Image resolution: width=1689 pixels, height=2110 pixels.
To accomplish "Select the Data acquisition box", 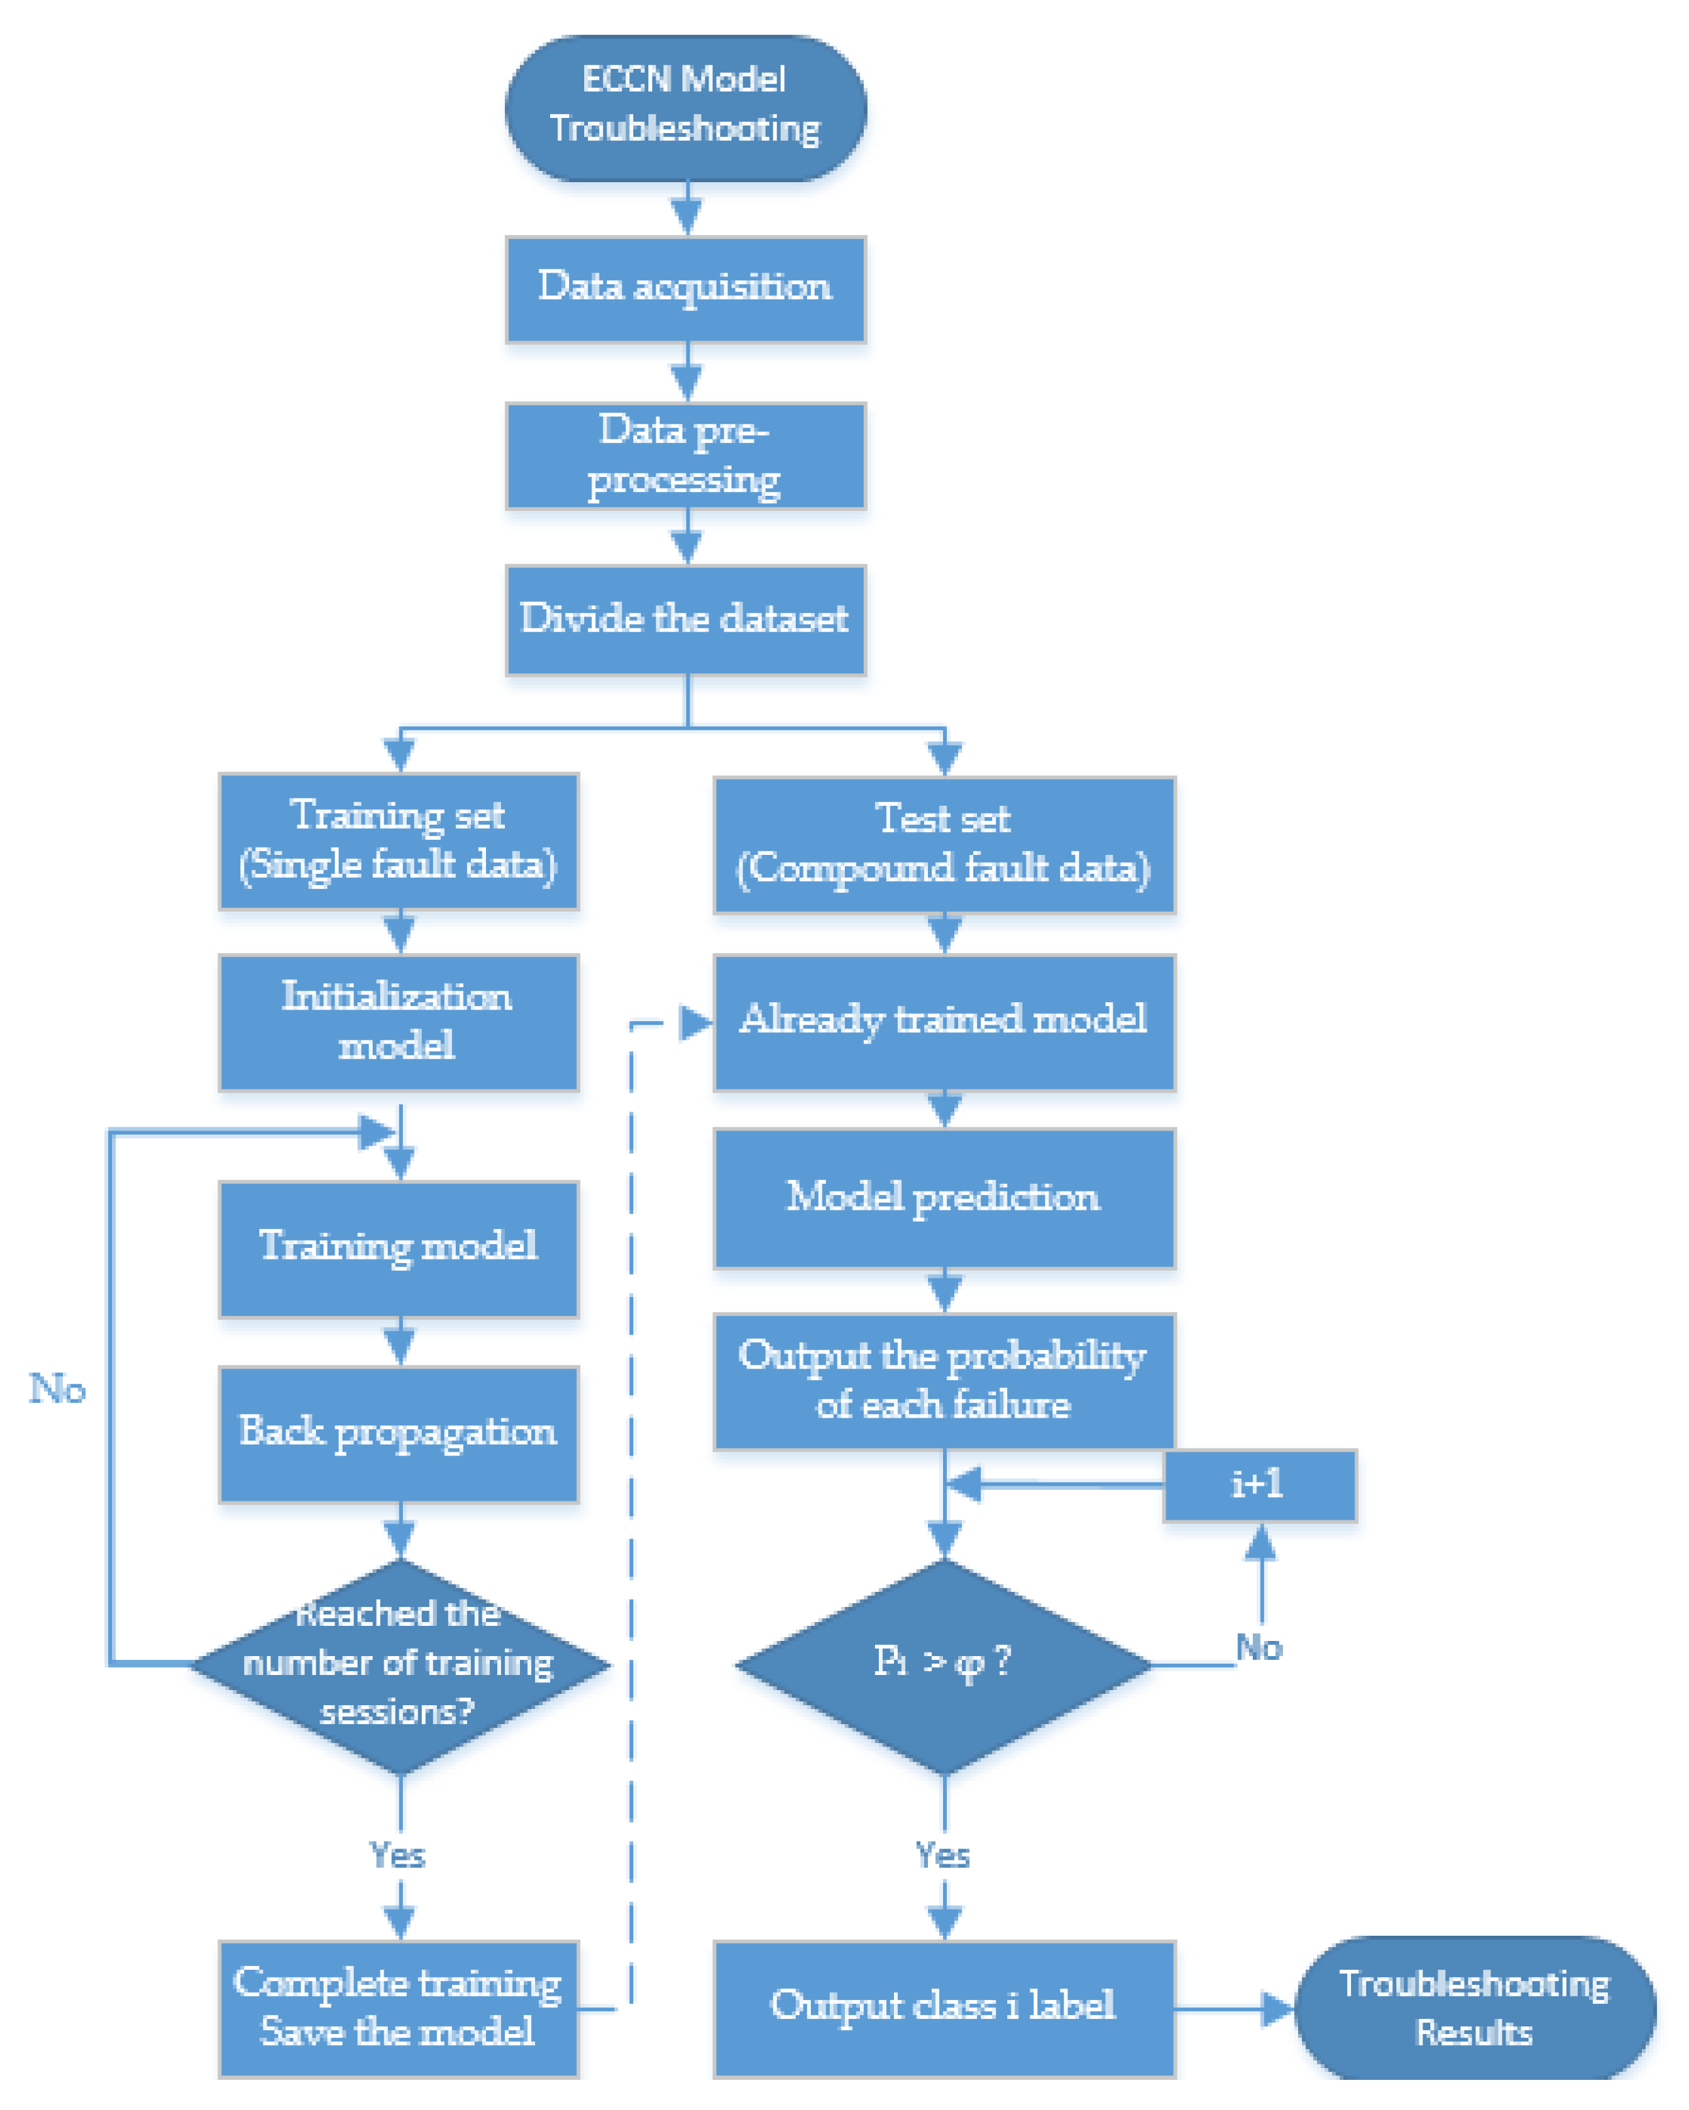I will click(685, 289).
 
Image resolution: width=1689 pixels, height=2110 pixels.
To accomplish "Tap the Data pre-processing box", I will click(685, 455).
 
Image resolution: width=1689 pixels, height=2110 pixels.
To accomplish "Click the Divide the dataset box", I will click(685, 618).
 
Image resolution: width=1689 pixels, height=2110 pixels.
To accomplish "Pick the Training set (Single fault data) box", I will click(398, 840).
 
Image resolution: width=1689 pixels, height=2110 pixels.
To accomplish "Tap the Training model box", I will click(398, 1247).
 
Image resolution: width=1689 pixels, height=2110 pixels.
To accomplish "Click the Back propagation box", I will click(398, 1432).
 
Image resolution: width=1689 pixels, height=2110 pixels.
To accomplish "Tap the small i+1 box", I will click(1259, 1484).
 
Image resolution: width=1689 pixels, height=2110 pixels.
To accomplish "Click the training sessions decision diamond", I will click(399, 1664).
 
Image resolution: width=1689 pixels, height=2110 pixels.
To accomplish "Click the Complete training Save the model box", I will click(398, 2006).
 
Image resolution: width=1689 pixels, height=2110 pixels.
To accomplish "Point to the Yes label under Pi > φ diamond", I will click(942, 1855).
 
